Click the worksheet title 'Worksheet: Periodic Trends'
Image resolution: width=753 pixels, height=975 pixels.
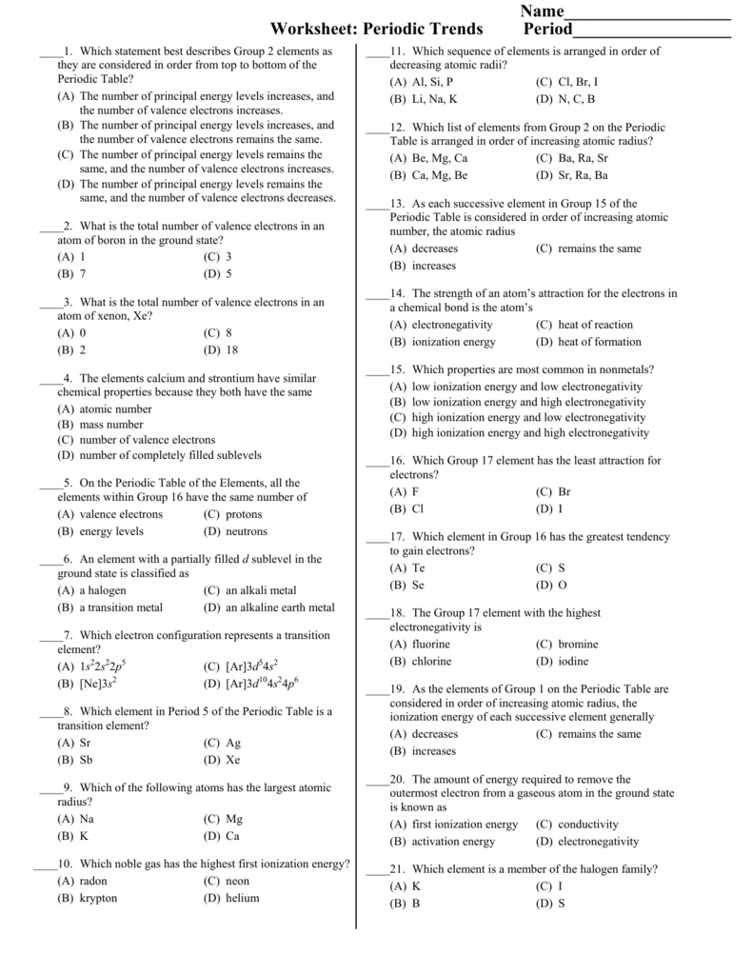point(376,29)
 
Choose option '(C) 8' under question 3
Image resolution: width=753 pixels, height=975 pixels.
point(218,333)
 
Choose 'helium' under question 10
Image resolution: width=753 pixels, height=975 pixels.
point(242,898)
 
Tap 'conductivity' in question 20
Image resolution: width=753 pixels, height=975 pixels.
point(588,825)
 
